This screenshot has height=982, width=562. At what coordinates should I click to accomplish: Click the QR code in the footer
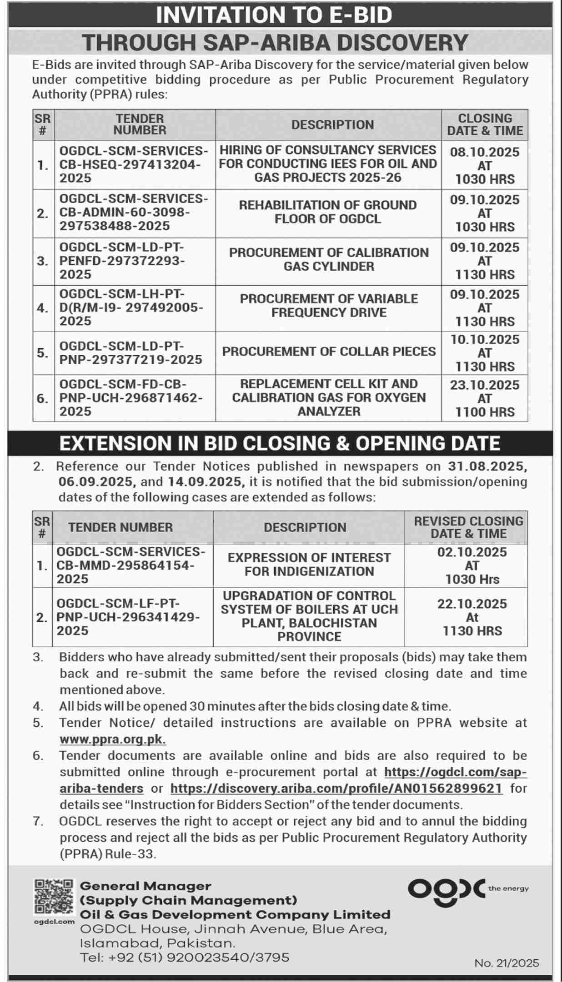(x=53, y=897)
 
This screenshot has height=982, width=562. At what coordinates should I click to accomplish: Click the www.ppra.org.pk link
(x=112, y=739)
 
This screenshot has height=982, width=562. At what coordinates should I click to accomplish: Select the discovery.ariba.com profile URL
(x=336, y=788)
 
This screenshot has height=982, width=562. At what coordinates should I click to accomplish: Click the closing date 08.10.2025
(x=485, y=152)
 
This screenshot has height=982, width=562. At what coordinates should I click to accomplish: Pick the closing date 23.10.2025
(x=485, y=385)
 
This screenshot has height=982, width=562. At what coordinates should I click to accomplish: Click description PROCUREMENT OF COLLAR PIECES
(x=329, y=352)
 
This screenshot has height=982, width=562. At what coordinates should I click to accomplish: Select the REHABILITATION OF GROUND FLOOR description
(x=328, y=212)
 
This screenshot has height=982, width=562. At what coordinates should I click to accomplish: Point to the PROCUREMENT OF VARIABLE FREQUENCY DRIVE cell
(x=329, y=306)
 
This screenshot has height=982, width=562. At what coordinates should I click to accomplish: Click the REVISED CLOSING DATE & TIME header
(x=468, y=527)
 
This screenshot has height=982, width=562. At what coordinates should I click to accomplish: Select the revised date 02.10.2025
(x=472, y=552)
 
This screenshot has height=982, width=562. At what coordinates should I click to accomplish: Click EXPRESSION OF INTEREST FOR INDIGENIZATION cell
(x=309, y=565)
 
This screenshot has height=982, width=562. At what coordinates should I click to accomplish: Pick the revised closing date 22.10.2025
(x=472, y=604)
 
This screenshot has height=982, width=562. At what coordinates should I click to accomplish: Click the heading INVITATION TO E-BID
(x=274, y=15)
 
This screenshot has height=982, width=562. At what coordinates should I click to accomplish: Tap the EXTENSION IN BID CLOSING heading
(x=280, y=443)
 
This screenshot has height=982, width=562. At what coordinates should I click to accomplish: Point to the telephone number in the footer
(x=185, y=957)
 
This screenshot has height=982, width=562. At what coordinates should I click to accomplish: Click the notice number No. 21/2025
(x=507, y=963)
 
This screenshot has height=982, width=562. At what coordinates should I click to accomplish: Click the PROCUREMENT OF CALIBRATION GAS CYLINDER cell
(x=329, y=259)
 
